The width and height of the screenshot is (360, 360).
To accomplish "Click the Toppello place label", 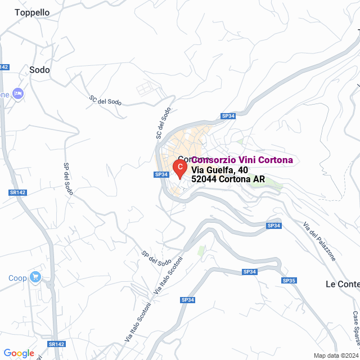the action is click(x=32, y=12).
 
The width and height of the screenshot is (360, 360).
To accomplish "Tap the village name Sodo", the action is click(x=39, y=70).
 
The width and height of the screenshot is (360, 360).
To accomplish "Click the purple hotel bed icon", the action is click(x=18, y=93).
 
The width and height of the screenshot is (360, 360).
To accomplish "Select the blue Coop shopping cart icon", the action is click(x=36, y=276).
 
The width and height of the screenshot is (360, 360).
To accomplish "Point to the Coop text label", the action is click(x=17, y=278).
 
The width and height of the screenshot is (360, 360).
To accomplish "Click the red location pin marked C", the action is click(x=179, y=168).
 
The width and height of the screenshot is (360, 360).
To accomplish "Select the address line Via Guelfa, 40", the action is click(x=219, y=170).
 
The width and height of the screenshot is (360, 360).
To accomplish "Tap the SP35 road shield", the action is click(x=289, y=280).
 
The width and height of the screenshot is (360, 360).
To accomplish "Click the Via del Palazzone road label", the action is click(x=319, y=242).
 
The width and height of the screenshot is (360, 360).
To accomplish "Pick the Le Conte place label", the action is click(x=343, y=284).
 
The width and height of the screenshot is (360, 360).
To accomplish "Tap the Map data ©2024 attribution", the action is click(x=336, y=355).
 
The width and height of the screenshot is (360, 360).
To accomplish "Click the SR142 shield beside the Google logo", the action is click(x=56, y=344).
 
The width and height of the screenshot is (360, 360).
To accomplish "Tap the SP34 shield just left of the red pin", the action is click(x=161, y=174).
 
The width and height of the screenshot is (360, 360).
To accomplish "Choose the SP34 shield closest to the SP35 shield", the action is click(x=250, y=272).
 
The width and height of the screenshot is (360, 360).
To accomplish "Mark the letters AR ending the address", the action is click(x=259, y=179).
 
